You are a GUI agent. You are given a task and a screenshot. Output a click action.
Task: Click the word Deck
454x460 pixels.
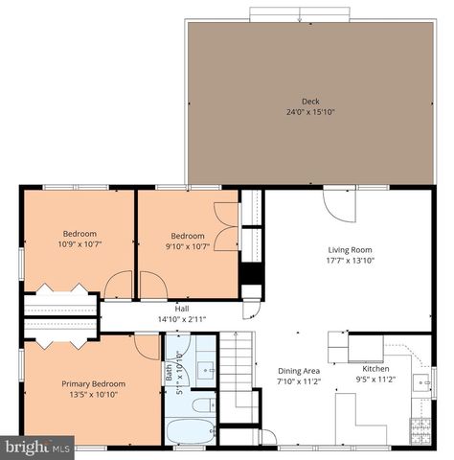pos(309,102)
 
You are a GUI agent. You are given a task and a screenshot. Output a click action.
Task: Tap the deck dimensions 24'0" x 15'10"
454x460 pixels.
pos(309,112)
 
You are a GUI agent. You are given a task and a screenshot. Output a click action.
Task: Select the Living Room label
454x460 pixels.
pos(349,249)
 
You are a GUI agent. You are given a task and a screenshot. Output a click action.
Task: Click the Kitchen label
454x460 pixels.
pos(375,368)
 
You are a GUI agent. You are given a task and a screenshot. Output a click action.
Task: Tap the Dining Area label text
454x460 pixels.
pos(299,371)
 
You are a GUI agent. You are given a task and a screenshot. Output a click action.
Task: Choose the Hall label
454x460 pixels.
pos(181,309)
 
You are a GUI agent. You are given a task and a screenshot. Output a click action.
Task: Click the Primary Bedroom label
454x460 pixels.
pos(94,383)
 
